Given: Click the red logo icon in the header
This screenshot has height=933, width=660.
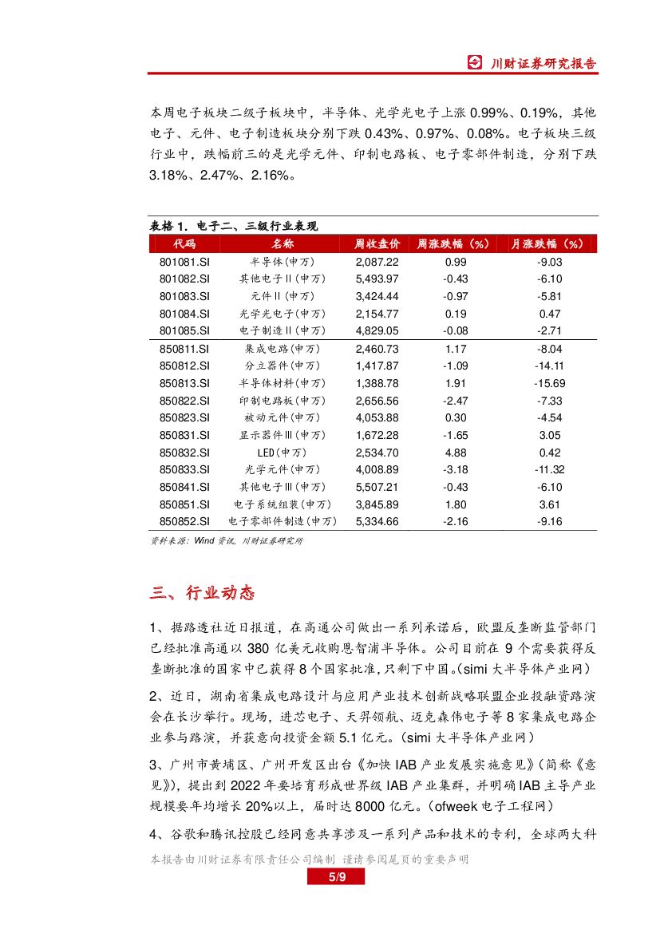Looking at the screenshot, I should coord(475,63).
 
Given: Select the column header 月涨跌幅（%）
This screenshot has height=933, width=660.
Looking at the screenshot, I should coord(547,243).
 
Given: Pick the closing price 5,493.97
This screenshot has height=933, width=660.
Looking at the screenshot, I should coord(376,279).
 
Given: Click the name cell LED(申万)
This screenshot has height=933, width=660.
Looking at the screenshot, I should coord(283,453).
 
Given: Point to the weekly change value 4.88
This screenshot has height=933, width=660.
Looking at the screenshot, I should coord(456,453).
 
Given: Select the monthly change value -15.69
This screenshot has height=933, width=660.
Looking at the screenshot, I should coord(551,383).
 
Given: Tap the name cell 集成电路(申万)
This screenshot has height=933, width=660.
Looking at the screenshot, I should coord(283,349).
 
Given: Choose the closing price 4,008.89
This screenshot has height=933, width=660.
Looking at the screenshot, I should coord(376,470).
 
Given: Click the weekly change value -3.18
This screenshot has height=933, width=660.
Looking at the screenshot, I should coord(456,470).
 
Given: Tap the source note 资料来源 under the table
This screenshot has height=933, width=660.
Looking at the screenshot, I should coord(227,541).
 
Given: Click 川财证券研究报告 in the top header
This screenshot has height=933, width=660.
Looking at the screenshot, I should coord(543,64).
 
